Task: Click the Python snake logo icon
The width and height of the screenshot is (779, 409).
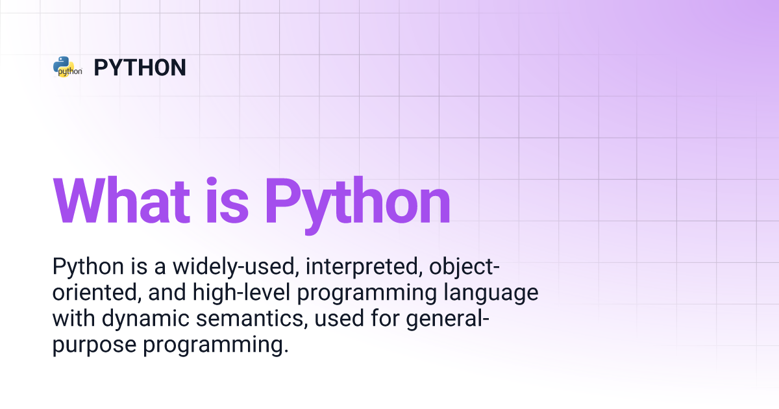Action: pyautogui.click(x=68, y=67)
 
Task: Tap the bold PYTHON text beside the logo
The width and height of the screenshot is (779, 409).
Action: pyautogui.click(x=140, y=68)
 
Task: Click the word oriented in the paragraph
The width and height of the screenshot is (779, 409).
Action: pyautogui.click(x=94, y=293)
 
